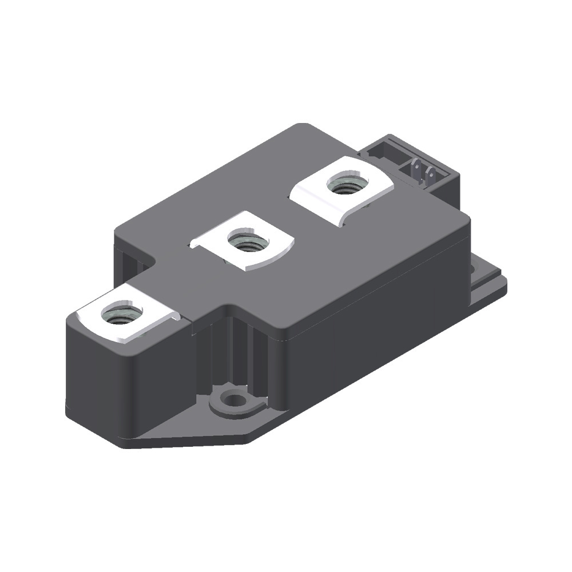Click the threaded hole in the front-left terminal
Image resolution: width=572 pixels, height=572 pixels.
(x=121, y=314)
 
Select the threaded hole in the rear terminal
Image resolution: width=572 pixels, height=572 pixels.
(x=345, y=184)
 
